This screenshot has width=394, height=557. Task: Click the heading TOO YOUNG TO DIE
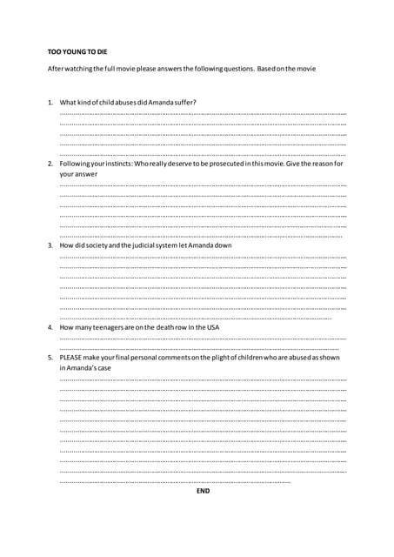click(77, 52)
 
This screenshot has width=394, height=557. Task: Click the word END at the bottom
click(203, 491)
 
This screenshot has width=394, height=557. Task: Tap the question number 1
click(50, 102)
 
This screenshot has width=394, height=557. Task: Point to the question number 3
click(50, 245)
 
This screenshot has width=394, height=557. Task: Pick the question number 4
click(50, 327)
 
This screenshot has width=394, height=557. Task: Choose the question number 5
click(50, 358)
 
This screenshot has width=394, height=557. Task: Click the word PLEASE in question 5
click(71, 358)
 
